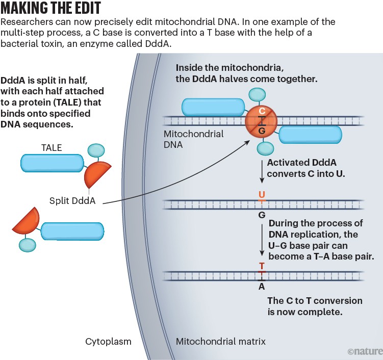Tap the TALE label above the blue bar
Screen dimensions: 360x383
pos(51,148)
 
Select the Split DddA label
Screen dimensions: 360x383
pos(73,200)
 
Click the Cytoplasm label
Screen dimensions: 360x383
pos(108,341)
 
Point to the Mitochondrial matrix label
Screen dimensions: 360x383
pos(220,341)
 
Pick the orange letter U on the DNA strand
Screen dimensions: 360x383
pos(262,194)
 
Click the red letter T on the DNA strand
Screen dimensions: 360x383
pos(262,266)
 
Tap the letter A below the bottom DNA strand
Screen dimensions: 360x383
pos(262,287)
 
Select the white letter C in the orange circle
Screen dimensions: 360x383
pos(262,111)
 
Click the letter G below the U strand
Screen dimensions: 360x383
pos(262,215)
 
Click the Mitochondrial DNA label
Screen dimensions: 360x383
pos(193,139)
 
